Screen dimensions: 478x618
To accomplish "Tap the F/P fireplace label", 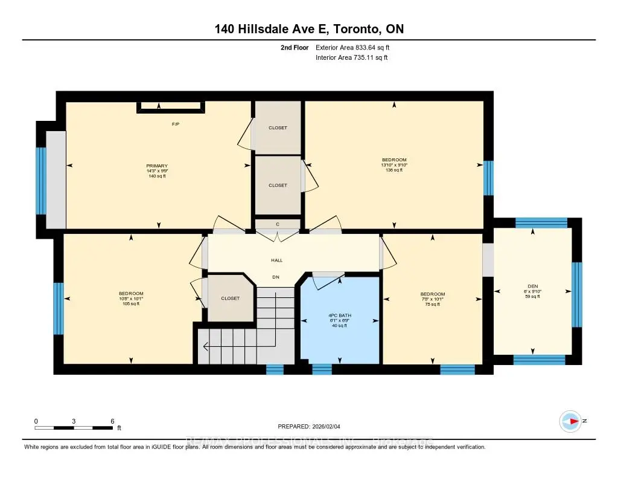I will point(176,124).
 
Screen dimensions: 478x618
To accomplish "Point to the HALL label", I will point(276,260).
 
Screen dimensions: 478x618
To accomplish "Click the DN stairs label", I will point(276,277).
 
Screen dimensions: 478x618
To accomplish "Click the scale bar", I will point(74,427).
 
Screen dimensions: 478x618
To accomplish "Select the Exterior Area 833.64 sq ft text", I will point(357,47).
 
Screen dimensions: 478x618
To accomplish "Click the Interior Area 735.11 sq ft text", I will point(351,58).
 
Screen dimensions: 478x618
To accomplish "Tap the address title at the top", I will point(308,29).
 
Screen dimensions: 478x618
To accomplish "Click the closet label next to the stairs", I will point(230,298).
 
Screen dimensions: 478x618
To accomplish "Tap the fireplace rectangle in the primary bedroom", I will point(171,107).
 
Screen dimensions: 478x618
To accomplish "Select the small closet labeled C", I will point(277,225).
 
